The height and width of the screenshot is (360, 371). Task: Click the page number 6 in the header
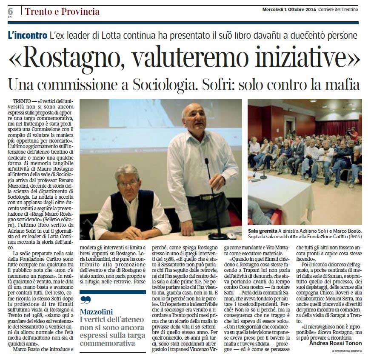[10, 11]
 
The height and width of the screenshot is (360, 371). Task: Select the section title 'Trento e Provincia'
[62, 11]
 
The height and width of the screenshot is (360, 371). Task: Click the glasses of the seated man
[128, 183]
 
